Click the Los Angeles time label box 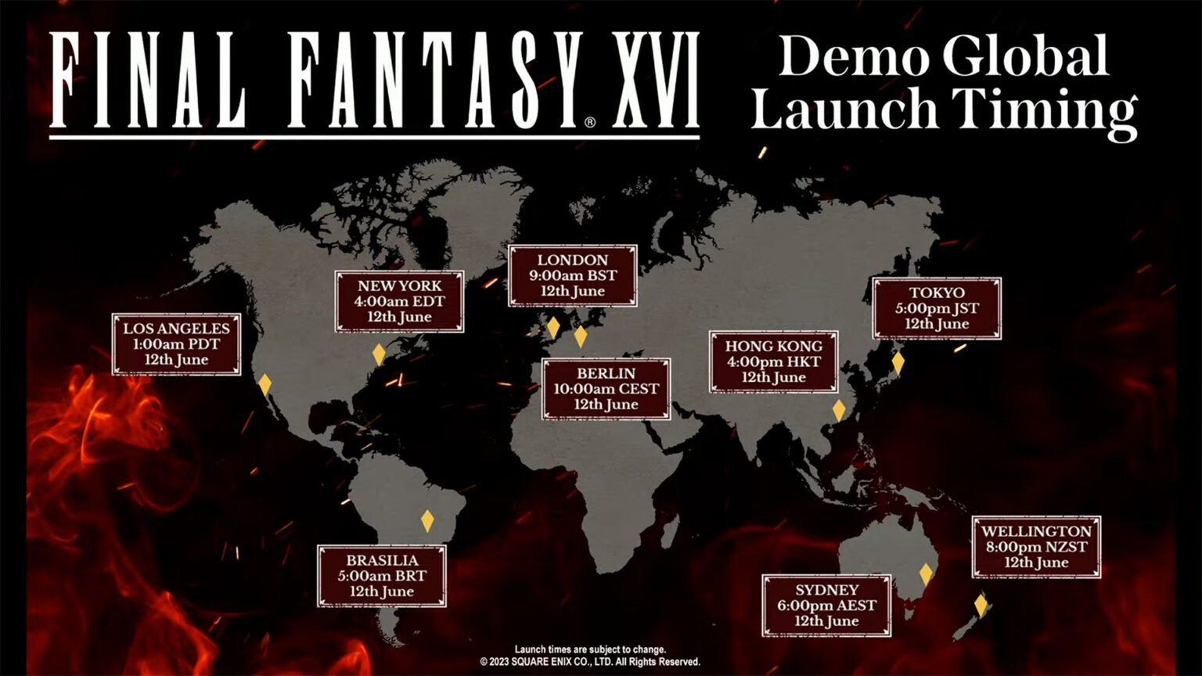tap(176, 344)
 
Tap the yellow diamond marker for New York tap(379, 354)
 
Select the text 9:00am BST tap(572, 275)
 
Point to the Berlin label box tap(606, 389)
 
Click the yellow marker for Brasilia tap(427, 520)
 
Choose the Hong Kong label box tap(773, 361)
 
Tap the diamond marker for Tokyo tap(898, 363)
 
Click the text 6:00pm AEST tap(826, 606)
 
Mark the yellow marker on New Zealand tap(981, 605)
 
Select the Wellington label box tap(1036, 547)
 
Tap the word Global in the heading tap(1025, 56)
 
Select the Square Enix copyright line tap(590, 662)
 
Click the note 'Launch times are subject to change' tap(590, 649)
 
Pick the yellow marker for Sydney tap(926, 574)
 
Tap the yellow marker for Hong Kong tap(839, 410)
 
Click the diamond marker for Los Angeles tap(265, 384)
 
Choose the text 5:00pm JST tap(937, 308)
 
